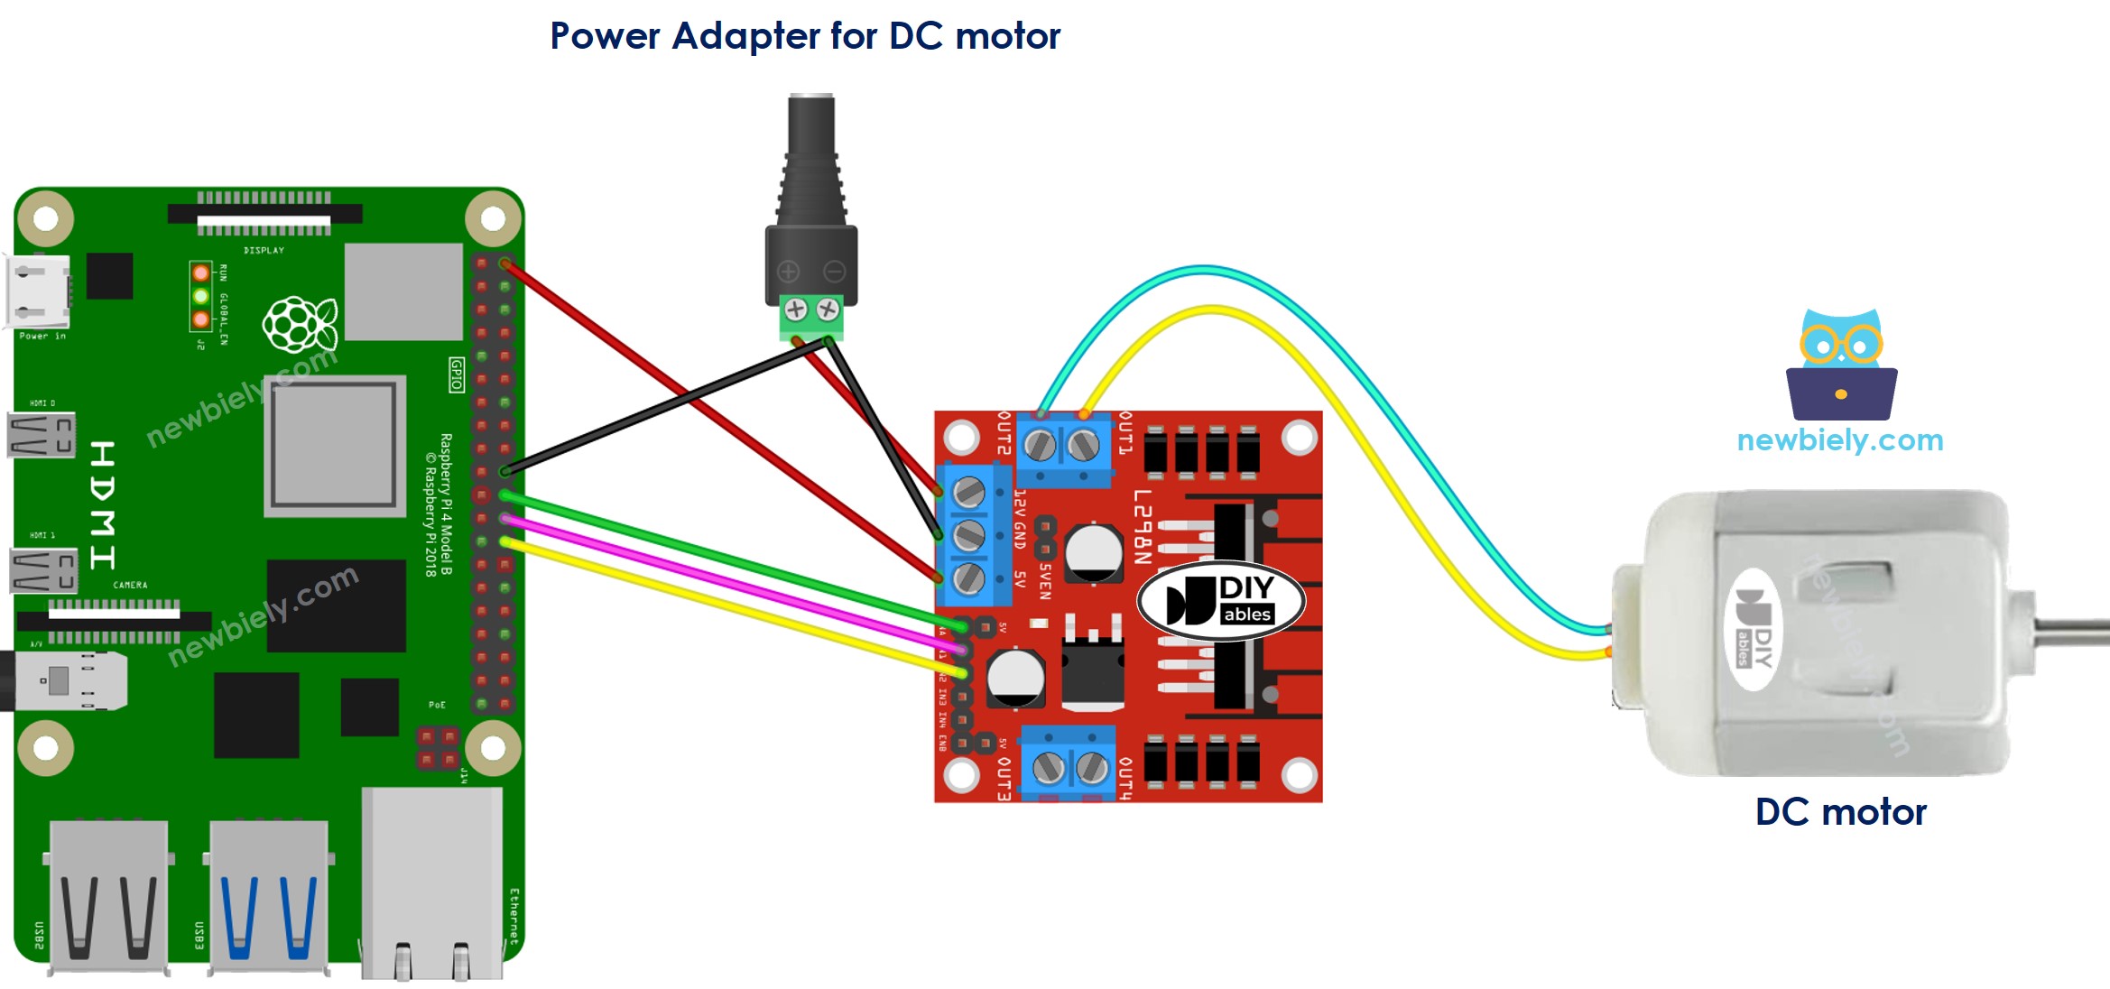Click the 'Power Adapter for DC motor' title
805,36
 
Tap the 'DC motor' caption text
1840,812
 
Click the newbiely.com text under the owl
1840,440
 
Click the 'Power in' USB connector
38,291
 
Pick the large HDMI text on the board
102,505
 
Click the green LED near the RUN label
200,296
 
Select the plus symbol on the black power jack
788,271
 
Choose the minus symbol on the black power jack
835,271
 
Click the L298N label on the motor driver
1143,527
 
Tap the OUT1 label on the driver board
1125,433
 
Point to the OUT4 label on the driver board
1125,778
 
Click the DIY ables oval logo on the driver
1220,601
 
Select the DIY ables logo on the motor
1754,629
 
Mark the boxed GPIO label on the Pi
457,374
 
